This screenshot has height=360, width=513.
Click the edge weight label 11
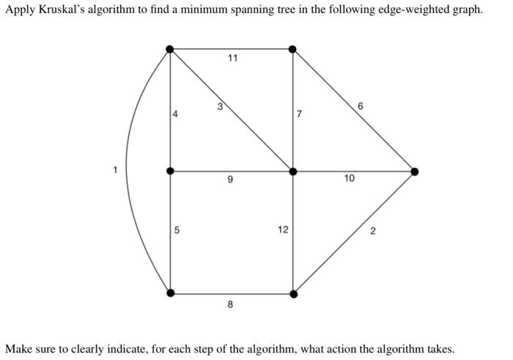pos(232,58)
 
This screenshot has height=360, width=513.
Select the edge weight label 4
pos(175,114)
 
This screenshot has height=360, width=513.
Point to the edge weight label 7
pos(299,114)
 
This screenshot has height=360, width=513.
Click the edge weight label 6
pos(361,107)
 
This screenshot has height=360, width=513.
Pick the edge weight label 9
pos(230,180)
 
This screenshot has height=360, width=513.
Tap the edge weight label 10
pos(349,178)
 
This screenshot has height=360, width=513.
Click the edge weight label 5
pos(177,230)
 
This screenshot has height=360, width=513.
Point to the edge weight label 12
pos(283,229)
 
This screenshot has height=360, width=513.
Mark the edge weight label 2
pos(372,232)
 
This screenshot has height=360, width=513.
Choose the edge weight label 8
pos(230,304)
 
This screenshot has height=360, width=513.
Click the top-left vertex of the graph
pos(170,49)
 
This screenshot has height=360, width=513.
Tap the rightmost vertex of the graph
pos(415,172)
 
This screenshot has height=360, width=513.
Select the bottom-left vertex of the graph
pos(171,293)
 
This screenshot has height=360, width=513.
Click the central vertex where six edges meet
pos(293,172)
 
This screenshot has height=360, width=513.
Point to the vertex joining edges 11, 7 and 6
pos(293,49)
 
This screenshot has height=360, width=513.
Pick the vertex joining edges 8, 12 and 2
pos(293,294)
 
